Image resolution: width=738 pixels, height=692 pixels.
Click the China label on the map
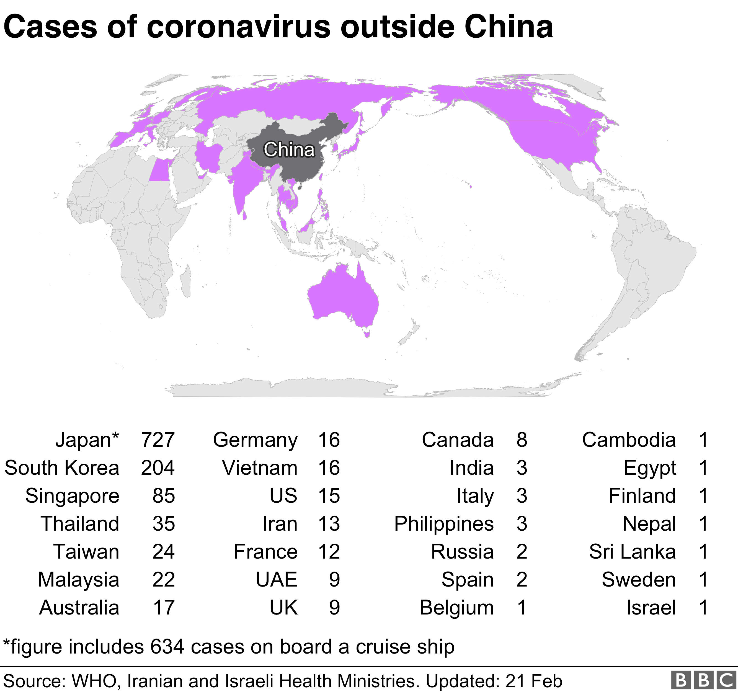pos(289,150)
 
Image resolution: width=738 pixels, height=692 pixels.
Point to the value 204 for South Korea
pos(158,468)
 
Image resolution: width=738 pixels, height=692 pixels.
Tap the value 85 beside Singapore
pos(163,496)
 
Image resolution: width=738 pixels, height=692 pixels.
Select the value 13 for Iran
pos(329,524)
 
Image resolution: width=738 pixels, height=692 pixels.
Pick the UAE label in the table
pos(277,580)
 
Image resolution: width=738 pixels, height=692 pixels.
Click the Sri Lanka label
pos(632,552)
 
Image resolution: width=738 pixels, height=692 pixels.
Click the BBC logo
pos(703,680)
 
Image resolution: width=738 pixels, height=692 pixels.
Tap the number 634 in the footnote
pos(167,647)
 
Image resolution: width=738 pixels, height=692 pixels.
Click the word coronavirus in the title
pos(238,27)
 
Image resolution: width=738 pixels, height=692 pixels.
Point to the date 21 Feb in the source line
pos(533,681)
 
